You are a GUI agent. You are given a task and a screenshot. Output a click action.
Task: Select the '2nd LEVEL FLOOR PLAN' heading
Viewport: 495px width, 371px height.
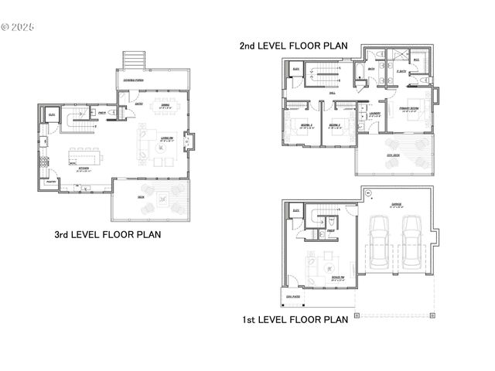[x=293, y=46]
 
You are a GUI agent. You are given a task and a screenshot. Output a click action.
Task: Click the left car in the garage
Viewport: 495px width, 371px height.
[x=379, y=240]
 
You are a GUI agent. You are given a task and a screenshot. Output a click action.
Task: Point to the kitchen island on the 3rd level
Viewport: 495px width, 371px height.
[x=81, y=151]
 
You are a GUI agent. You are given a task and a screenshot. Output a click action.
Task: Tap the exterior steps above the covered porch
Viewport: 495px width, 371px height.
[x=134, y=61]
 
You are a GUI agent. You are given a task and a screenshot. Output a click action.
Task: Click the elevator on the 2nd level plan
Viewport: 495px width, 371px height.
[x=295, y=71]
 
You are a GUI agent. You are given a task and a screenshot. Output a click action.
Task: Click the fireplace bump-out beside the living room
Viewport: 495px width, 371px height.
[x=192, y=142]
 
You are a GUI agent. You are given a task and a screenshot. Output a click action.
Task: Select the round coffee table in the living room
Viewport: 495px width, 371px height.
[x=162, y=142]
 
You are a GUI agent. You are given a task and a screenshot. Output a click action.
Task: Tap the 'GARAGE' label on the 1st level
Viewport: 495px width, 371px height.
[x=396, y=204]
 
